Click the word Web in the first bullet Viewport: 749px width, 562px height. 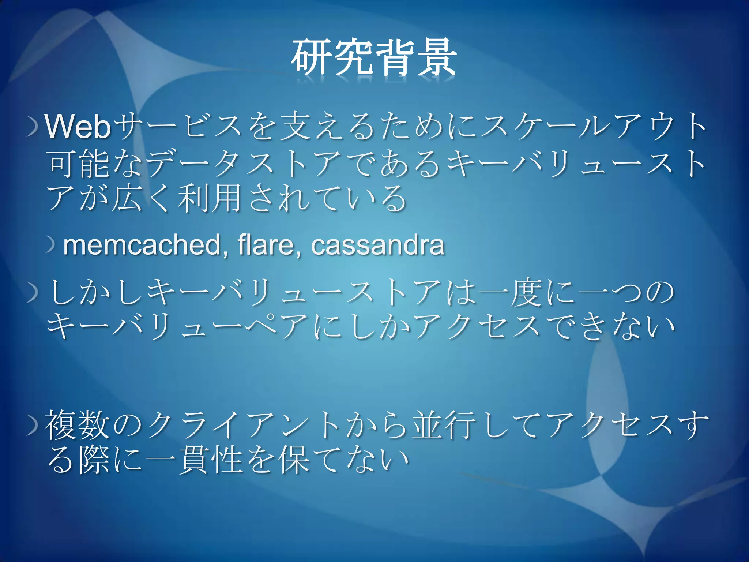(x=78, y=127)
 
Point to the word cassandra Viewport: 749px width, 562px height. (x=377, y=245)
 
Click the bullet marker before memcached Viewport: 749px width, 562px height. (x=50, y=245)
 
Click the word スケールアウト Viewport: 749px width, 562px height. (x=592, y=127)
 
